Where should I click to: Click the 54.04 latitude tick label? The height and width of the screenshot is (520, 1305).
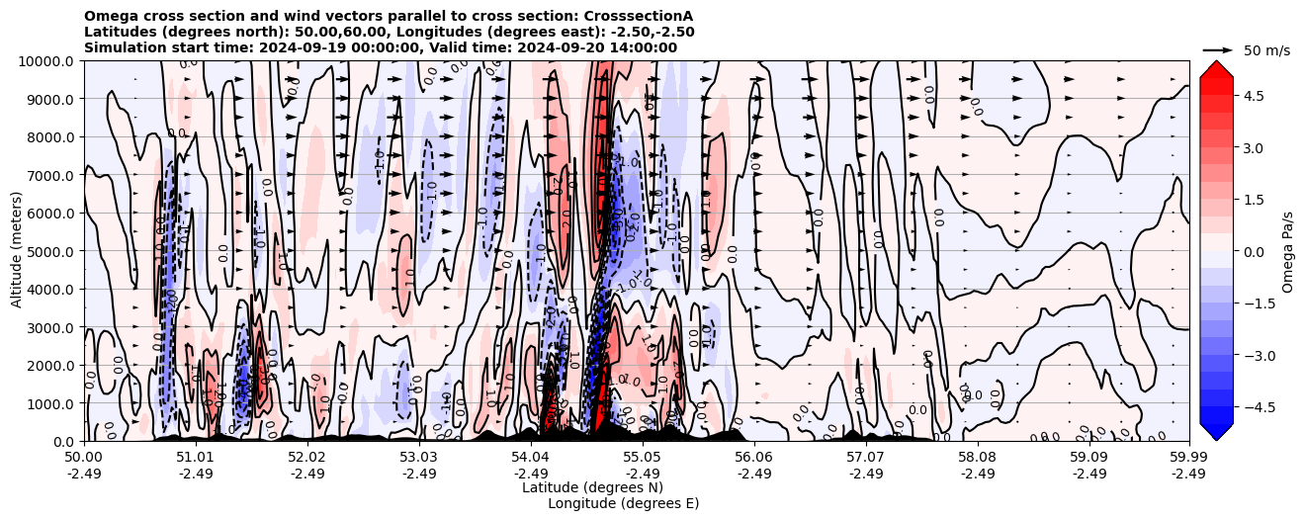[x=530, y=458]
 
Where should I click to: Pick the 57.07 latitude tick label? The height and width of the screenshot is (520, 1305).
[x=865, y=458]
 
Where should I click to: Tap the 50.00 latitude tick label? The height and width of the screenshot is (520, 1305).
[x=84, y=458]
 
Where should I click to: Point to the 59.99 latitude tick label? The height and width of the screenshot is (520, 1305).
[x=1188, y=458]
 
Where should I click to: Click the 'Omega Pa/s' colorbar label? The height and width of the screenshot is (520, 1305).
[x=1287, y=251]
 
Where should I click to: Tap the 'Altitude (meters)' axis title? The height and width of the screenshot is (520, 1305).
[x=17, y=251]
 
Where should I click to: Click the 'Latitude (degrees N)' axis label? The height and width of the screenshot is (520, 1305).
[x=592, y=487]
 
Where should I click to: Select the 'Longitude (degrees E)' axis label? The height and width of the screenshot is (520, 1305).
[x=623, y=503]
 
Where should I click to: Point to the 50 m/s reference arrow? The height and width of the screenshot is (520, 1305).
[x=1217, y=49]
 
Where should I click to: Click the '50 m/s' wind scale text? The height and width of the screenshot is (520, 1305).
[x=1266, y=50]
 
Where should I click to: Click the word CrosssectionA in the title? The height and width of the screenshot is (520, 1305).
[x=641, y=16]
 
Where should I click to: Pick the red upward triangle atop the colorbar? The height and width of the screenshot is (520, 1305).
[x=1216, y=69]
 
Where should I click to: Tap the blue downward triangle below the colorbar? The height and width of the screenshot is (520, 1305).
[x=1216, y=431]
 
